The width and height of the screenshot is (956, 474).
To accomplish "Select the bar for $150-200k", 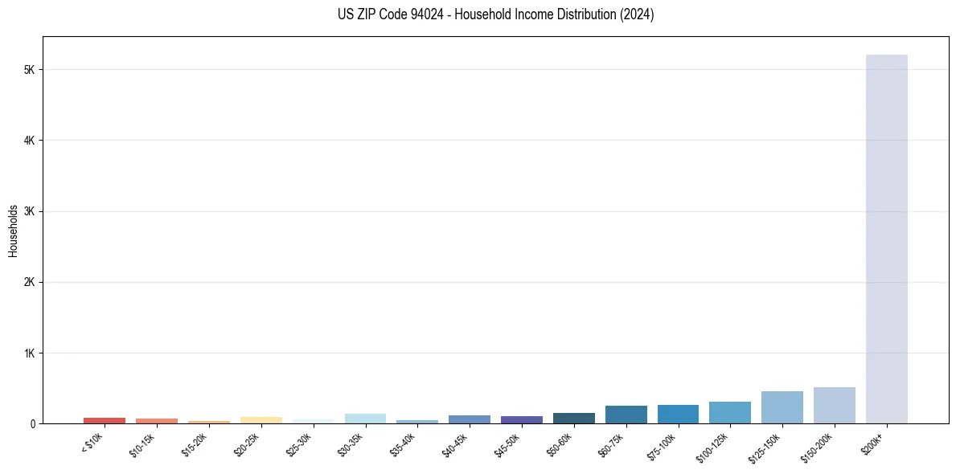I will [834, 406].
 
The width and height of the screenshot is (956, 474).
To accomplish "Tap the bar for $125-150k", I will [782, 407].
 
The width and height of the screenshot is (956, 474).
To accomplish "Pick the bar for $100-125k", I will [729, 413].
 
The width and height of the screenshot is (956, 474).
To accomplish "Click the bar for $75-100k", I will [678, 415].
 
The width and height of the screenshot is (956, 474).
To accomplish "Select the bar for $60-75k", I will [626, 415].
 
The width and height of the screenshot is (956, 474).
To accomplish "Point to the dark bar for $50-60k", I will [573, 419].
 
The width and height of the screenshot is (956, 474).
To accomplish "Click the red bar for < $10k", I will [105, 420].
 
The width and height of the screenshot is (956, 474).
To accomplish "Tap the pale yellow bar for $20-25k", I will [261, 420].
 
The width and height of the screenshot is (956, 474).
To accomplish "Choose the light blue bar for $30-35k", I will [365, 419].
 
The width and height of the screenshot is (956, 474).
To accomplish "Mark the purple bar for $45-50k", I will [521, 419].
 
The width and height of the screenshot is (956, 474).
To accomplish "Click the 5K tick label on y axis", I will [29, 70].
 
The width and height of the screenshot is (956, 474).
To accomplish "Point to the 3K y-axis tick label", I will [29, 211].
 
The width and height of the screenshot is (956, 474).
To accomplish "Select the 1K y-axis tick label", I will [29, 353].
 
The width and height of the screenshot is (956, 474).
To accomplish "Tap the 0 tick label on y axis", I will [32, 423].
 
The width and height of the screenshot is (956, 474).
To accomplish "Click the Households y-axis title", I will [13, 231].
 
